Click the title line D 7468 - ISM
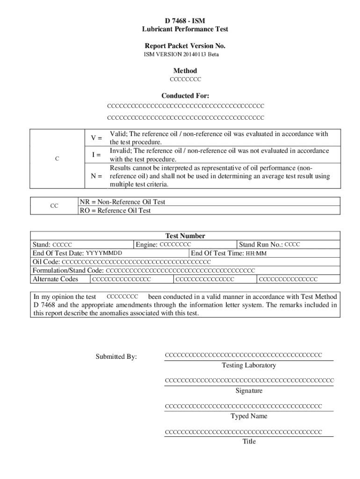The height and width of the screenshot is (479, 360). pyautogui.click(x=185, y=21)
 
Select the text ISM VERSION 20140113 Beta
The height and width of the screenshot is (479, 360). pyautogui.click(x=181, y=55)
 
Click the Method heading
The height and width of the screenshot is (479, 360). pyautogui.click(x=185, y=71)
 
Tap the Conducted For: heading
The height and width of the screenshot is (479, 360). pyautogui.click(x=185, y=96)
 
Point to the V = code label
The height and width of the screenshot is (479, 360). pyautogui.click(x=96, y=138)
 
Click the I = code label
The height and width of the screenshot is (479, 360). pyautogui.click(x=96, y=155)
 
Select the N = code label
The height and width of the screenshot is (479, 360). pyautogui.click(x=96, y=176)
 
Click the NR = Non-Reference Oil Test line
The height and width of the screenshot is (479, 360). pyautogui.click(x=122, y=202)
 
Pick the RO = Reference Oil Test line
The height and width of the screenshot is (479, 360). pyautogui.click(x=115, y=210)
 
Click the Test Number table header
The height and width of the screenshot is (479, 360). pyautogui.click(x=185, y=236)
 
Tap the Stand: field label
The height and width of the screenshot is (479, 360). pyautogui.click(x=41, y=245)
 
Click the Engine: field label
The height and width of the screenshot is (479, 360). pyautogui.click(x=147, y=245)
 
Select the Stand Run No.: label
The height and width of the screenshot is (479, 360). pyautogui.click(x=260, y=245)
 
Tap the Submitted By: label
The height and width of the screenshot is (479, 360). pyautogui.click(x=116, y=356)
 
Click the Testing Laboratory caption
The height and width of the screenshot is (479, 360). pyautogui.click(x=249, y=365)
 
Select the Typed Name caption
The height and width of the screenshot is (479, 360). pyautogui.click(x=249, y=416)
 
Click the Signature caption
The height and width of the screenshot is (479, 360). pyautogui.click(x=249, y=391)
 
